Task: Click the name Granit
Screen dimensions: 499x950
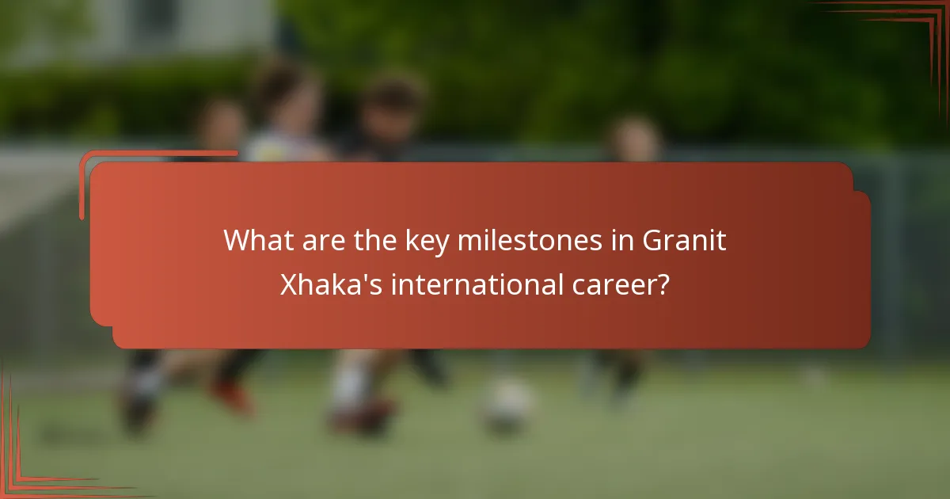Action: (684, 241)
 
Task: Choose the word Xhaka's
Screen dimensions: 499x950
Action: (332, 284)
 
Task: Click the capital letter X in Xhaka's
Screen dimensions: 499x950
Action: (289, 284)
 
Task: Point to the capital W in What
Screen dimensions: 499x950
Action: (236, 241)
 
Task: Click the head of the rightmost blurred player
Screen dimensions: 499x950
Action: (633, 138)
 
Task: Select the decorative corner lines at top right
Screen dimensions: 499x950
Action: (910, 32)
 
